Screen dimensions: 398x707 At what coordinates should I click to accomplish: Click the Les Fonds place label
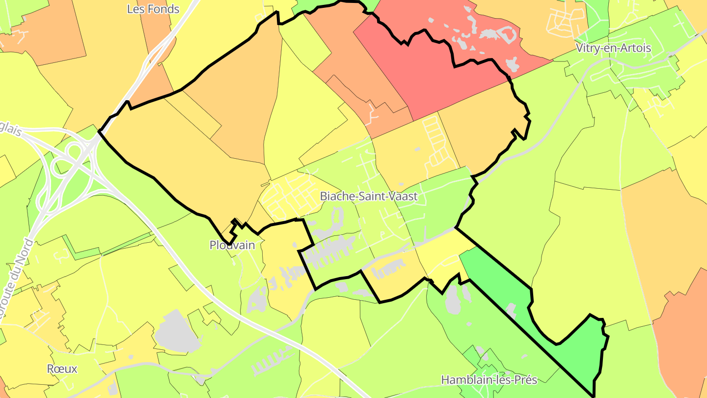(x=153, y=9)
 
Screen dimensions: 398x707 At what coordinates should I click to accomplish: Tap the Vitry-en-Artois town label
(x=613, y=48)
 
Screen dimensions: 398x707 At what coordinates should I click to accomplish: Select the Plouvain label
(x=232, y=245)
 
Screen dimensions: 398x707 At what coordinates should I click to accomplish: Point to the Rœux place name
(x=62, y=369)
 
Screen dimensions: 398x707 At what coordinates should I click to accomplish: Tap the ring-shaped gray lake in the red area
(x=506, y=33)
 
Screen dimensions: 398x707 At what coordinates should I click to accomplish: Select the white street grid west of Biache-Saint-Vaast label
(x=290, y=197)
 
